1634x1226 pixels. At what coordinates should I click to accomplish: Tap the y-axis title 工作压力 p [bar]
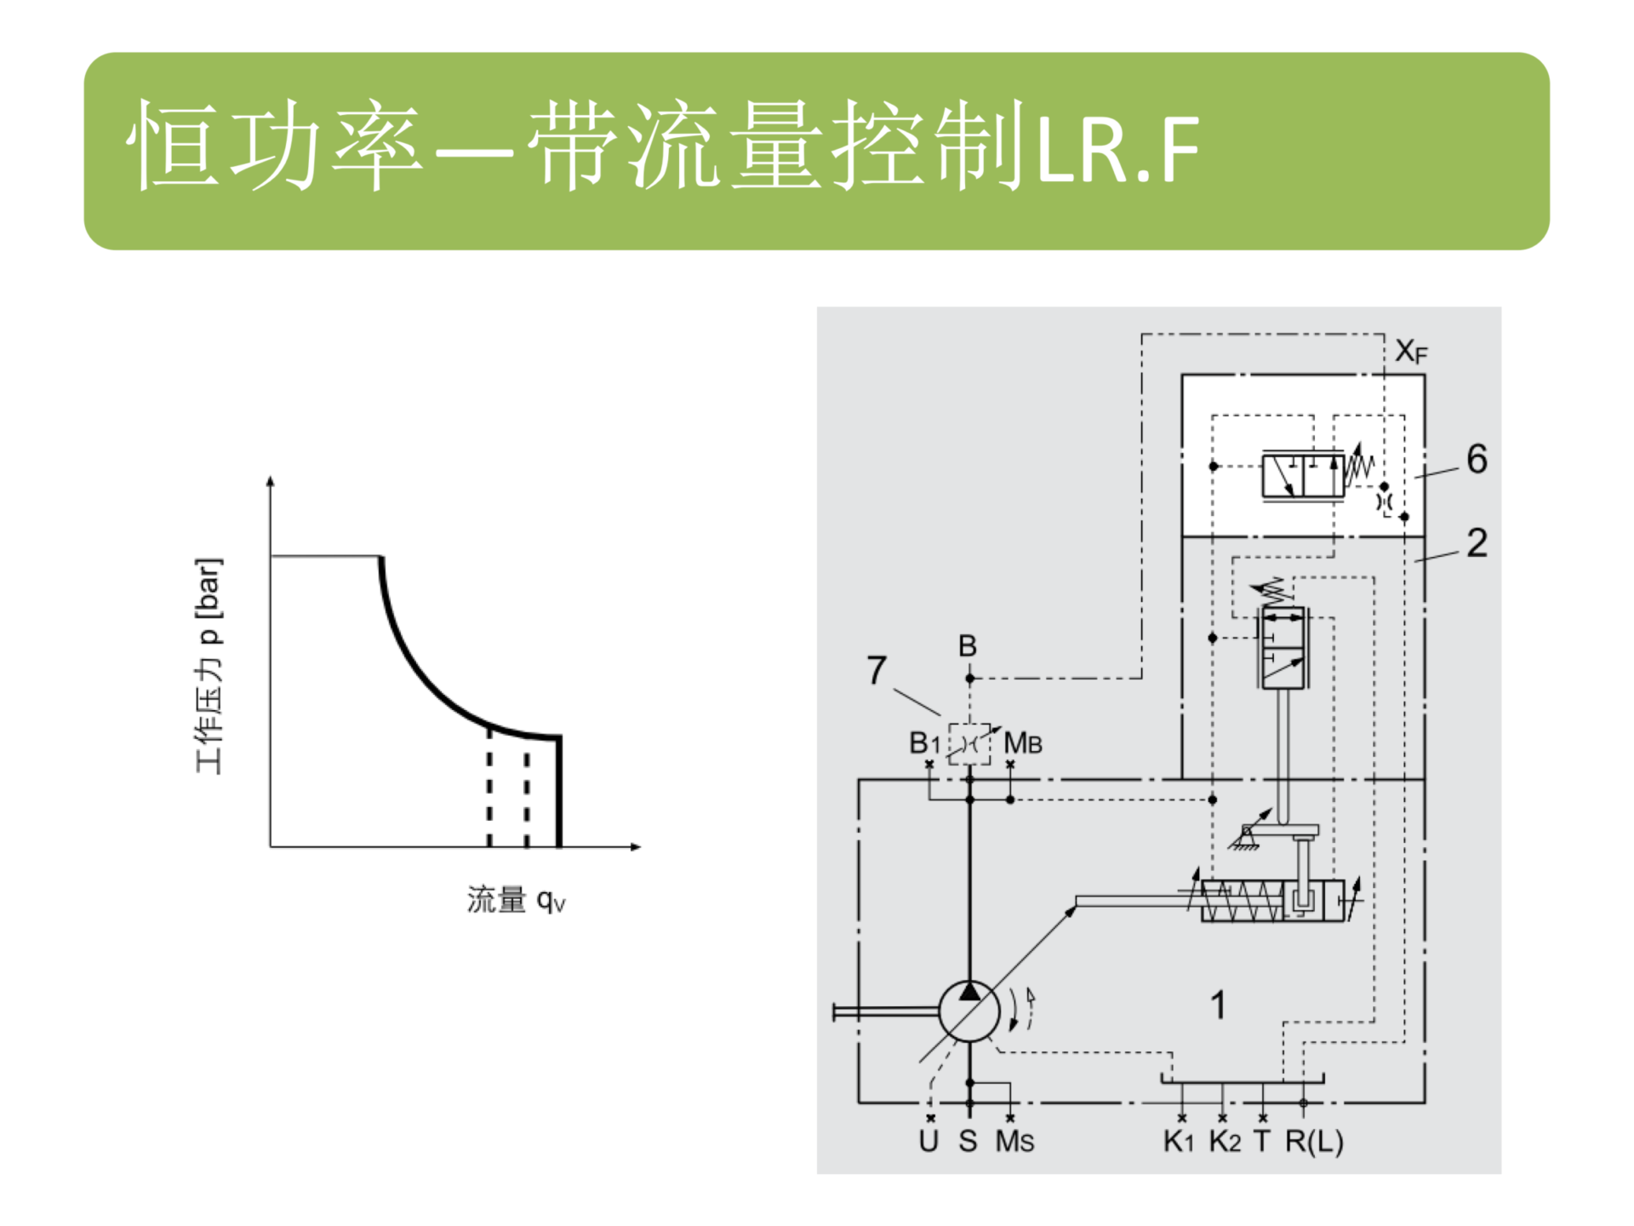(209, 666)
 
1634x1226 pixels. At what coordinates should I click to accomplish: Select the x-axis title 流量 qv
(516, 900)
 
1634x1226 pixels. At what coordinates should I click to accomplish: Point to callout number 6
(1477, 459)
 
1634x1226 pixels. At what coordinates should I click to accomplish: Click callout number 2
(1477, 543)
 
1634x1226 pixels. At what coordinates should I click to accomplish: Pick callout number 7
(877, 670)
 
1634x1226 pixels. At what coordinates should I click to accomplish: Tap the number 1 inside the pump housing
(1218, 1005)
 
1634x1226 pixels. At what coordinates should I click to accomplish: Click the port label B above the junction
(968, 646)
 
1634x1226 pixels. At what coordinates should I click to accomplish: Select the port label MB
(1023, 743)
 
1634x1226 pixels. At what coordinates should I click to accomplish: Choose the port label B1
(924, 743)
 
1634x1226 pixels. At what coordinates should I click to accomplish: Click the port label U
(928, 1142)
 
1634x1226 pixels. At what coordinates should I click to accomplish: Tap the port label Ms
(1014, 1142)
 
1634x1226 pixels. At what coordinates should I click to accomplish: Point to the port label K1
(1180, 1142)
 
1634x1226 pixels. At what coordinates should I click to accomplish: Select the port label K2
(1225, 1142)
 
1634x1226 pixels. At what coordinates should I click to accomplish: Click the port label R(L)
(1314, 1142)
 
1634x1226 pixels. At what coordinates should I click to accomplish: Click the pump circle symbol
(969, 1011)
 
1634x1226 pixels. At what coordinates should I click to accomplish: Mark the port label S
(968, 1142)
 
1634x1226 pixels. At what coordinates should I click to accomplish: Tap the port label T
(1262, 1142)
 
